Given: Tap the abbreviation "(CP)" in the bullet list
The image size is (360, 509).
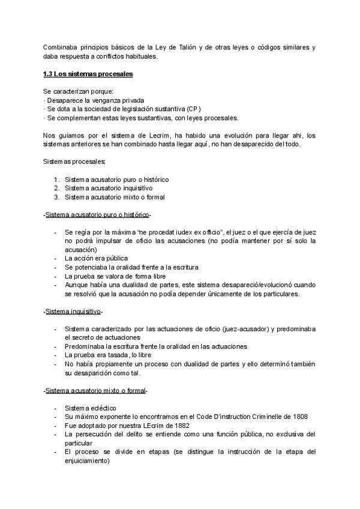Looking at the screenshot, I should (192, 109).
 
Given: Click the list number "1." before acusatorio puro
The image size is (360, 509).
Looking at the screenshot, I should (56, 180).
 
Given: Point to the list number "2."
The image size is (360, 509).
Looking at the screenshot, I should (56, 188).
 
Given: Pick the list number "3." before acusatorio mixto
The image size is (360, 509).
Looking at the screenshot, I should (56, 197).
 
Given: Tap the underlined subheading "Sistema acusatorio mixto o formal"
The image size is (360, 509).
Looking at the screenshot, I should (95, 391).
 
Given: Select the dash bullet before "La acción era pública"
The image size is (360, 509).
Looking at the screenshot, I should (55, 258).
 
